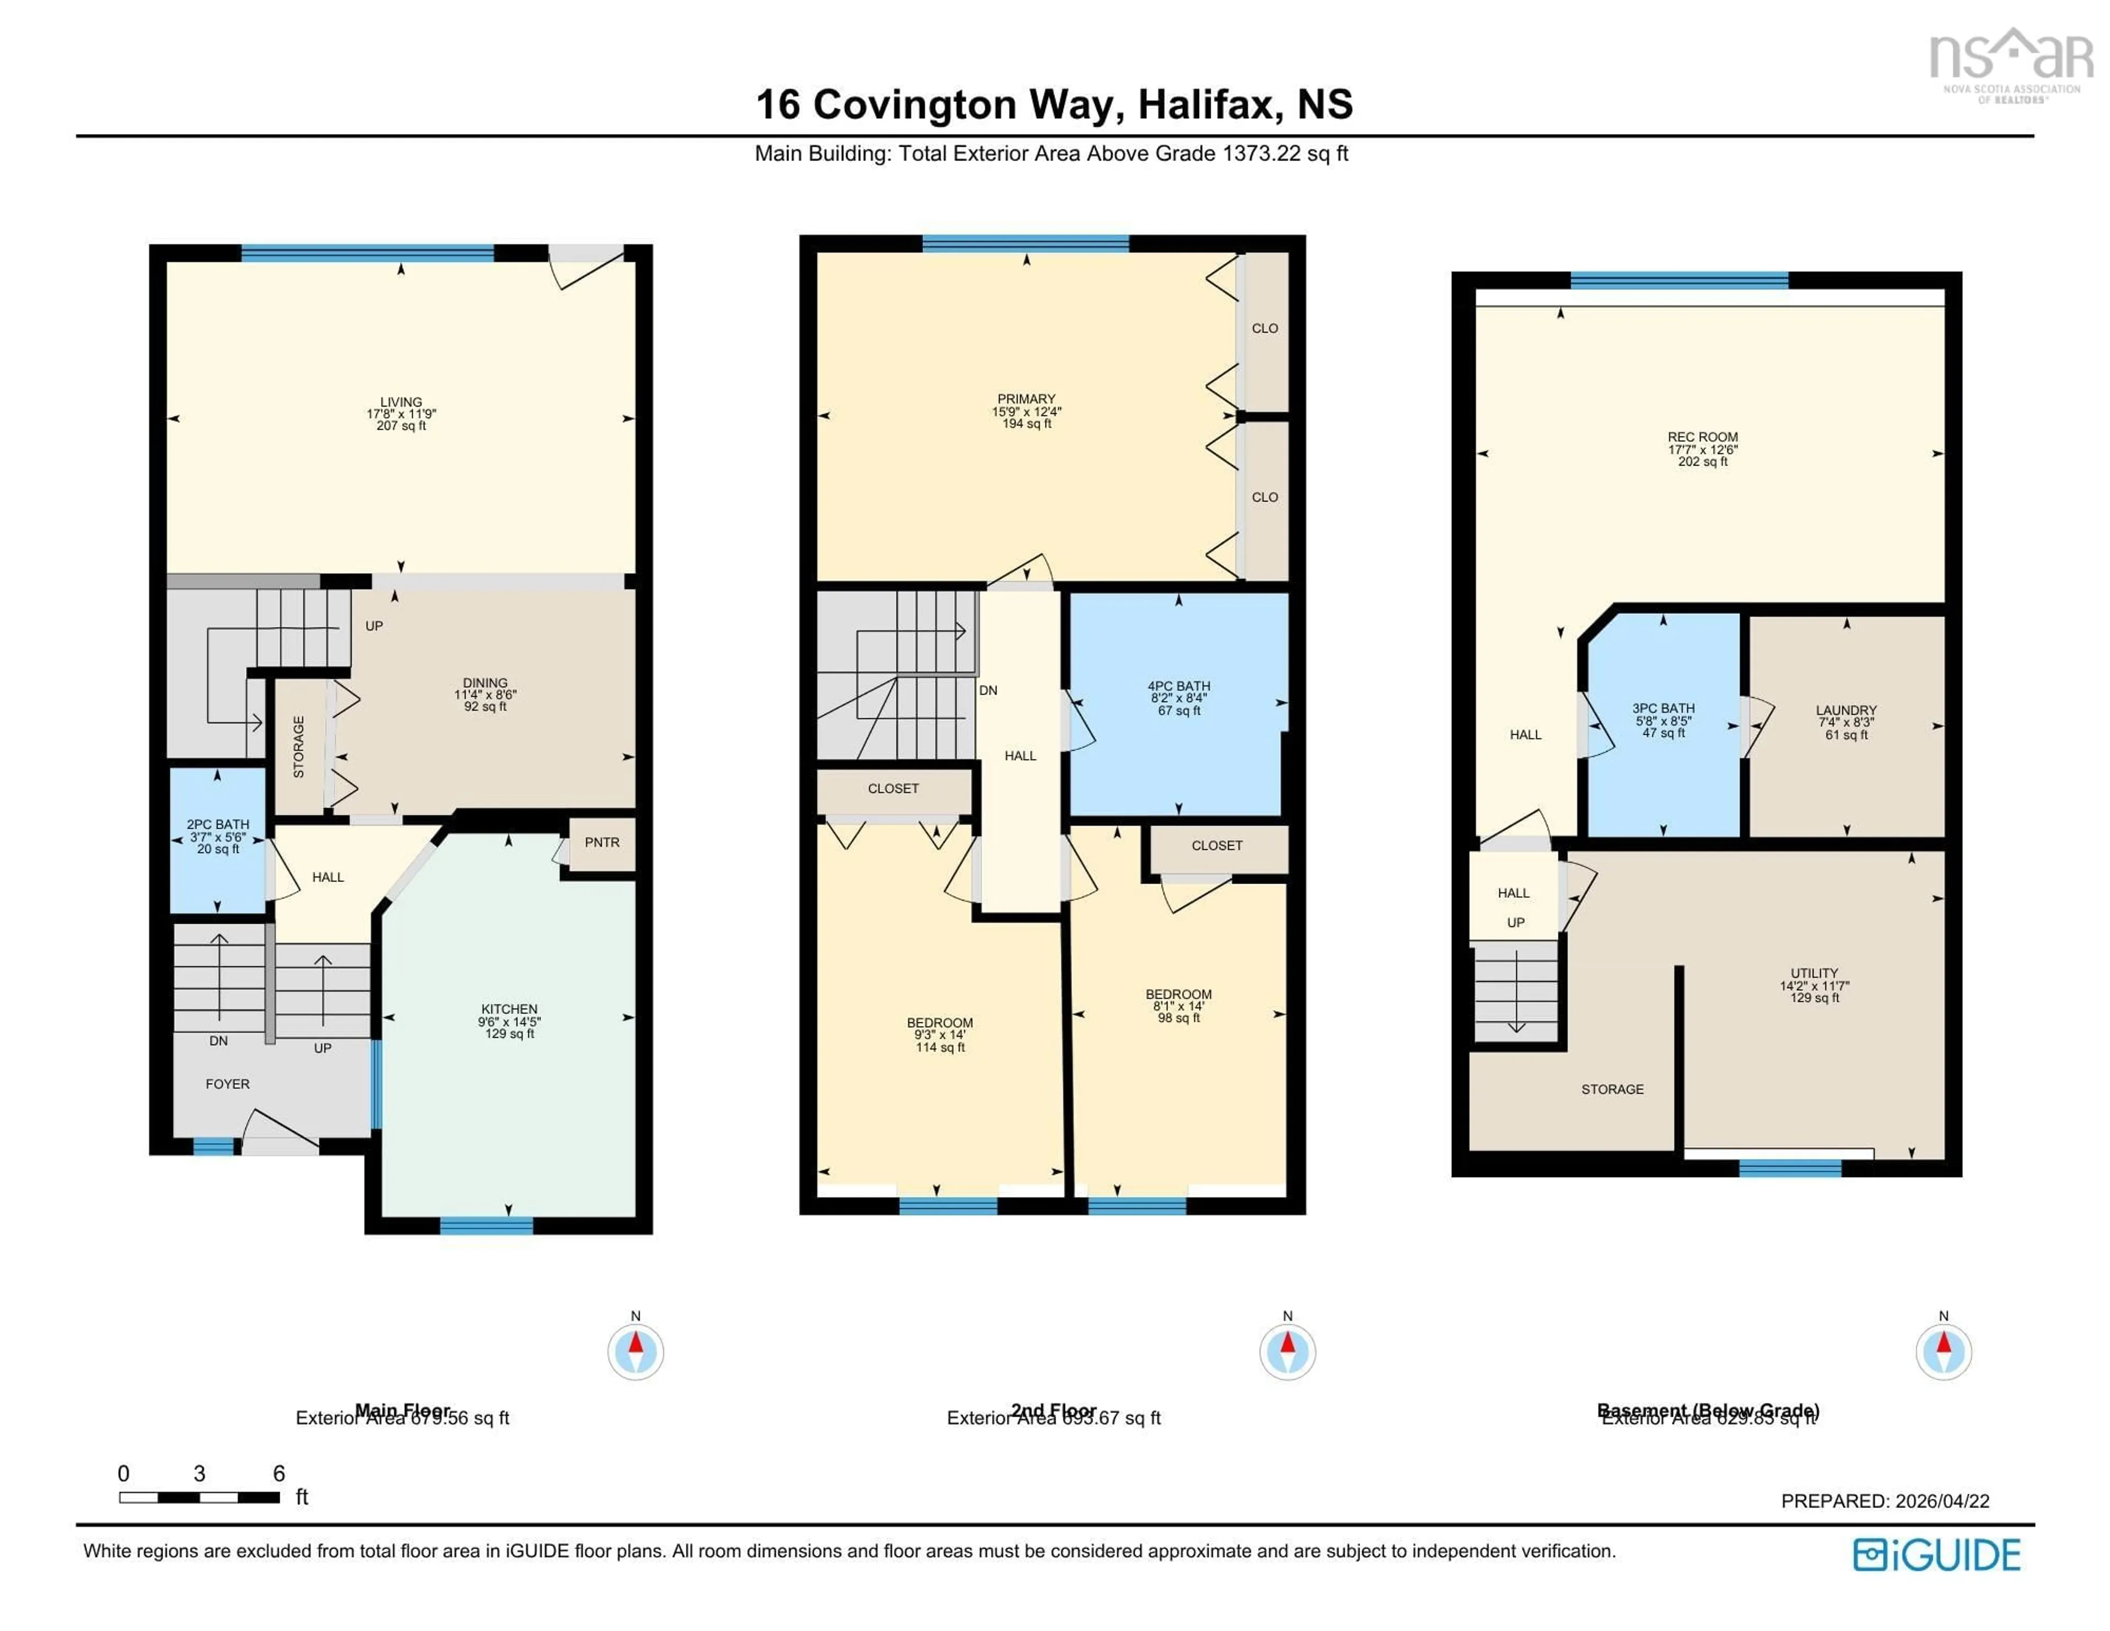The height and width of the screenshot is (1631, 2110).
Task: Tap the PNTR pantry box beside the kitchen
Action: click(x=602, y=842)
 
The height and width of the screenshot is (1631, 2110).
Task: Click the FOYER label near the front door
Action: click(x=228, y=1084)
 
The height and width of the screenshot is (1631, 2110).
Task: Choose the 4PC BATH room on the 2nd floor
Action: click(x=1179, y=697)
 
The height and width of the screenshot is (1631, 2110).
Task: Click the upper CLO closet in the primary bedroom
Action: click(x=1265, y=329)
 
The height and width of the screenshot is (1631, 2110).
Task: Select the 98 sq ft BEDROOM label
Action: click(x=1179, y=1006)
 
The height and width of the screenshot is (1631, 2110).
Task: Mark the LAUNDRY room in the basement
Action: click(x=1846, y=722)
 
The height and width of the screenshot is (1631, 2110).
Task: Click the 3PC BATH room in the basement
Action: click(x=1664, y=720)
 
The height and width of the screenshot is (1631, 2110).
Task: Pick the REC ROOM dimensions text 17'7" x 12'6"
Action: click(x=1703, y=450)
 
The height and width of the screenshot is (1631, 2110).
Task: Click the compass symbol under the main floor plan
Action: click(x=636, y=1351)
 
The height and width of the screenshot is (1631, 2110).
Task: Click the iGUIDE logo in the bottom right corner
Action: click(x=1937, y=1555)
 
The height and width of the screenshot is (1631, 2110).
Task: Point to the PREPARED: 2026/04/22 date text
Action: click(x=1885, y=1501)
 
